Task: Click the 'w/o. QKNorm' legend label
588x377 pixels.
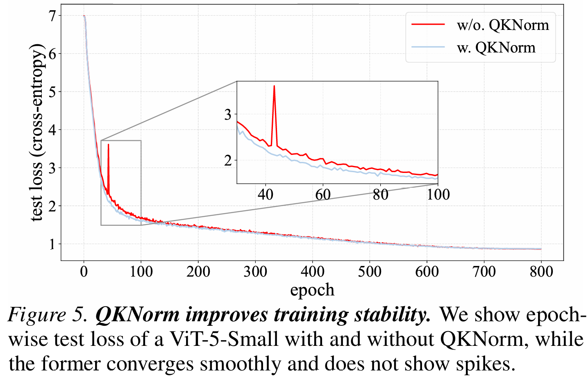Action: coord(503,25)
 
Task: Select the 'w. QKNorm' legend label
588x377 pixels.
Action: coord(496,48)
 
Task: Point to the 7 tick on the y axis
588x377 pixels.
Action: coord(52,16)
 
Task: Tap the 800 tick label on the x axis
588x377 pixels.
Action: coord(541,272)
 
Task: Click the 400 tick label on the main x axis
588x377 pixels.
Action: coord(312,272)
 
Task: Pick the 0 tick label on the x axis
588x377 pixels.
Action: coord(84,272)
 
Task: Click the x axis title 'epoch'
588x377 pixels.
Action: coord(312,290)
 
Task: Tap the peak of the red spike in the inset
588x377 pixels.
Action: coord(274,86)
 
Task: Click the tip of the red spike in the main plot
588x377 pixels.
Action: coord(108,144)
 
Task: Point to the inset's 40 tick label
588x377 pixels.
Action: coord(266,194)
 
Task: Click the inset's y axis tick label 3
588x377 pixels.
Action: coord(228,114)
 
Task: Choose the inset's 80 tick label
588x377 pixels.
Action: coord(380,194)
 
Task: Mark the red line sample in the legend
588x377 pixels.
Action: coord(428,25)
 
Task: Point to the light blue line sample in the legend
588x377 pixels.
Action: coord(428,48)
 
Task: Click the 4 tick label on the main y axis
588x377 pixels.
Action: coord(52,130)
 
